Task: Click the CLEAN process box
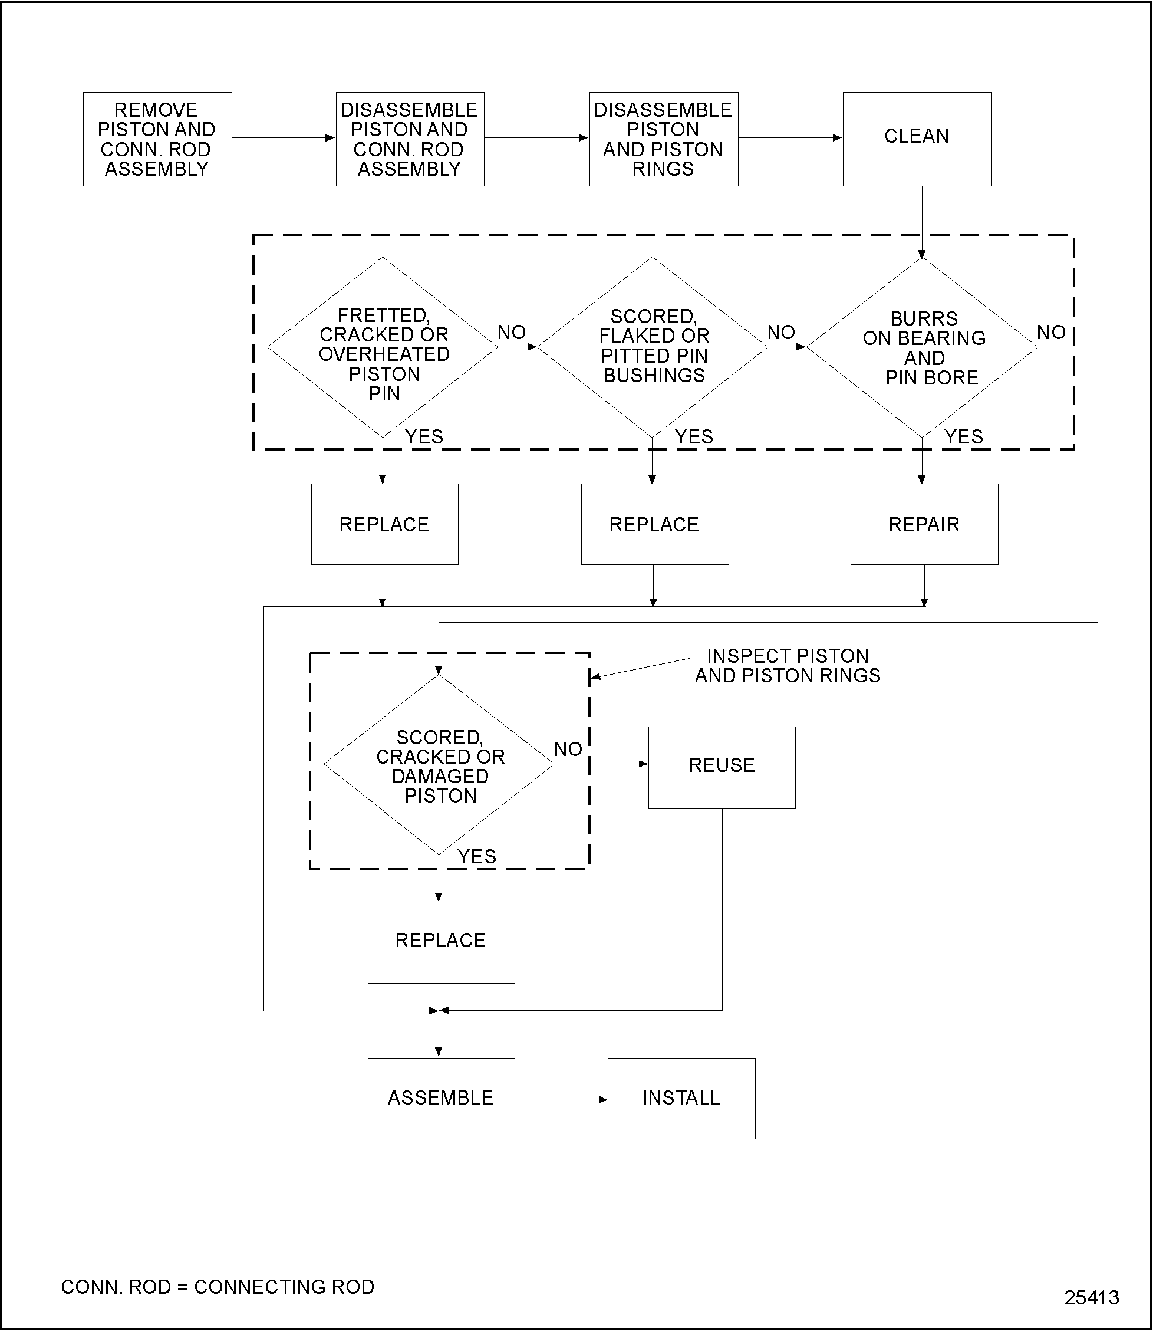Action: coord(917,139)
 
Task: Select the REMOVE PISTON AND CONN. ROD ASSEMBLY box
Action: coord(157,139)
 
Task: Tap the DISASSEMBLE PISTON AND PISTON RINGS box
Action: coord(663,139)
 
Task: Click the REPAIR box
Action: coord(924,524)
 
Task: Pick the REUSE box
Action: coord(722,767)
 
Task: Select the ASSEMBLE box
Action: coord(441,1098)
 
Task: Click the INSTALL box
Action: coord(681,1098)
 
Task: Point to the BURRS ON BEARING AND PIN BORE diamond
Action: coord(922,347)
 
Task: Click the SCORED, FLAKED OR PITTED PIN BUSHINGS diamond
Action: coord(653,347)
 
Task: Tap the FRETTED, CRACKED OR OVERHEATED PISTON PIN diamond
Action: coord(383,347)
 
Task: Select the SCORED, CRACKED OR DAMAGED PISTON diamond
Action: coord(439,765)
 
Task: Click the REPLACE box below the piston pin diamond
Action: coord(384,524)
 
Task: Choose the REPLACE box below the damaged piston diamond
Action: coord(441,942)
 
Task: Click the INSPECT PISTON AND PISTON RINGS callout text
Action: coord(787,665)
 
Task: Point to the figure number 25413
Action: coord(1091,1298)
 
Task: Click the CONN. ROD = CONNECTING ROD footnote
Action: coord(218,1287)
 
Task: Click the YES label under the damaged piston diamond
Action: coord(477,857)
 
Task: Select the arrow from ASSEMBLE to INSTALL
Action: coord(561,1100)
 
